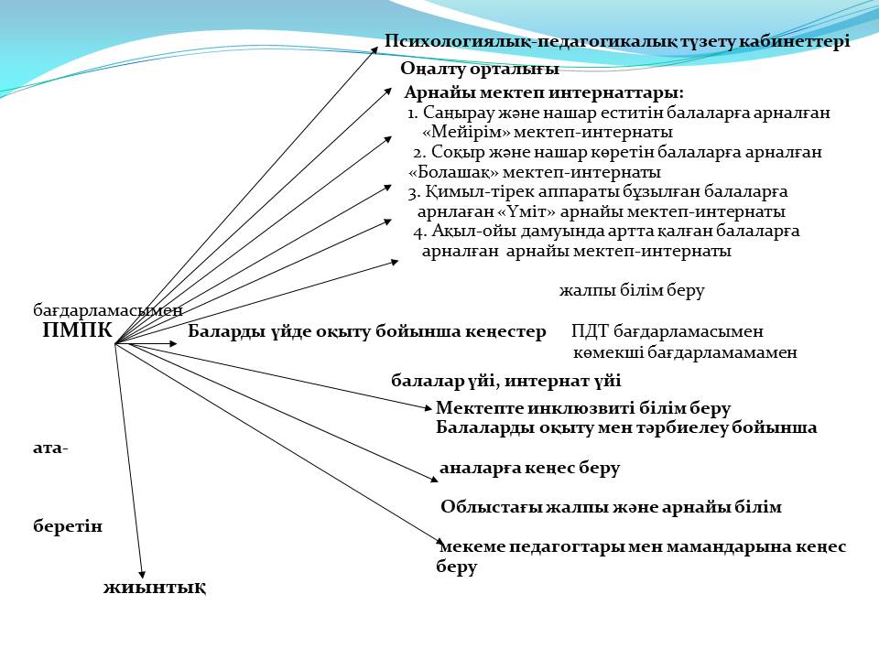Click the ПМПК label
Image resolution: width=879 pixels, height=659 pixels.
(77, 330)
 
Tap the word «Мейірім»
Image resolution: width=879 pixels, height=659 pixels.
(465, 132)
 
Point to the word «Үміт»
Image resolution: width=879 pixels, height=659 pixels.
(526, 211)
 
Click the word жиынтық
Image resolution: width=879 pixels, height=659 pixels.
(155, 588)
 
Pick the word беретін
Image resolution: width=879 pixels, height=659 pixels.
(68, 526)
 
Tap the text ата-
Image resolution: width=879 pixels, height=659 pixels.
(50, 448)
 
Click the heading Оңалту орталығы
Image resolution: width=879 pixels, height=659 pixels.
(480, 69)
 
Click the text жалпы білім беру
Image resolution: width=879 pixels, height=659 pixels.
(632, 290)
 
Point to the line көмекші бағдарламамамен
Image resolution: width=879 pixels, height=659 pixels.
(685, 352)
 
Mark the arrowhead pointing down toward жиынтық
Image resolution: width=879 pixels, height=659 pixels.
(142, 575)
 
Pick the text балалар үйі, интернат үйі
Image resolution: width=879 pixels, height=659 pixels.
(506, 381)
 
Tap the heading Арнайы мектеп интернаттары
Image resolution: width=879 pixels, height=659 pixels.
(543, 92)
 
